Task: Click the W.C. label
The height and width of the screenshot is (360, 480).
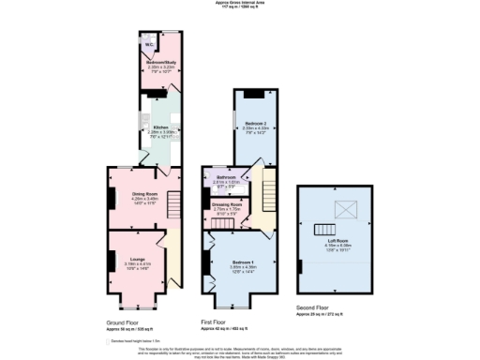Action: coord(150,43)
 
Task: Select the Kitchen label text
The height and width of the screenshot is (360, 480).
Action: coord(161,127)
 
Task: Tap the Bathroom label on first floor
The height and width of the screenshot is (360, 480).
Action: coord(226,176)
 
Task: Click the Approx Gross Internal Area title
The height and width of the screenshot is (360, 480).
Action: coord(240,3)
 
